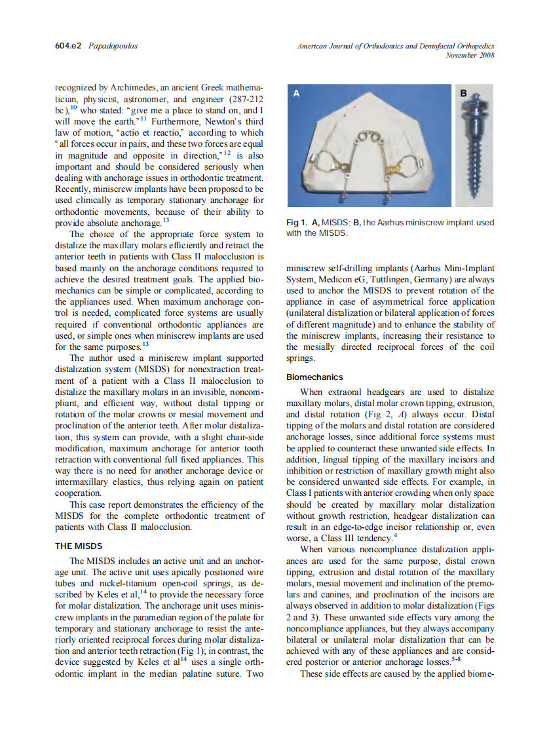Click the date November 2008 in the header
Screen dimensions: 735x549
point(470,55)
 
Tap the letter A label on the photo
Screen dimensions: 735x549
point(296,94)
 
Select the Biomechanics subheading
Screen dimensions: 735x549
point(314,377)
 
